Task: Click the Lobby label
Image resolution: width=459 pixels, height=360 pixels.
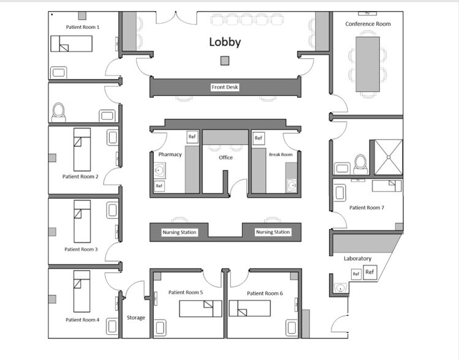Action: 225,42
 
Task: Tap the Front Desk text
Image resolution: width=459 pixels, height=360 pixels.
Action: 225,87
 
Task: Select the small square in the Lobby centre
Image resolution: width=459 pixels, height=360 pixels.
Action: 225,61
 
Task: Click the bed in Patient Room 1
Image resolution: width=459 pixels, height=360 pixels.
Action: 72,44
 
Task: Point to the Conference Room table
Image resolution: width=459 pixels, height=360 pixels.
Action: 368,64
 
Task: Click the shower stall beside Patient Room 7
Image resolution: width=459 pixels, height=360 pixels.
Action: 389,157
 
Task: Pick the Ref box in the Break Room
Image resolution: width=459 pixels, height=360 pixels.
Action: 258,138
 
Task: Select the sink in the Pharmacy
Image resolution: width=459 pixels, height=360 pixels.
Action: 159,170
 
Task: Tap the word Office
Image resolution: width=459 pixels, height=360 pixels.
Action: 226,157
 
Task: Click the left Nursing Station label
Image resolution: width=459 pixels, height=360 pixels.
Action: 180,233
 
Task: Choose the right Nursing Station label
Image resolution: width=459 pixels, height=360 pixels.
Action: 273,232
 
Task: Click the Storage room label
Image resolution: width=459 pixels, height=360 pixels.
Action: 136,318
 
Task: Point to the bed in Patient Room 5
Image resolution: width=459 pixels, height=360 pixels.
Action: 200,309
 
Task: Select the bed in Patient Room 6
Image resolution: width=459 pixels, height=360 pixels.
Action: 249,308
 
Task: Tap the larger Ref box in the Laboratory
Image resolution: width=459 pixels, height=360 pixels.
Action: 370,272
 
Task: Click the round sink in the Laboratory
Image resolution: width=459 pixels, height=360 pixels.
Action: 341,288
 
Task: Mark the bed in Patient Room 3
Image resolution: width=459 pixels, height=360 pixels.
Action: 82,222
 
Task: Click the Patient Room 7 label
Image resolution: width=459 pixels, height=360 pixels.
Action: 367,208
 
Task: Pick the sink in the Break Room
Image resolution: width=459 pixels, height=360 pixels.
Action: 292,185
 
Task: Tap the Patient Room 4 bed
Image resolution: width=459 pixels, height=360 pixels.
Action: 82,291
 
